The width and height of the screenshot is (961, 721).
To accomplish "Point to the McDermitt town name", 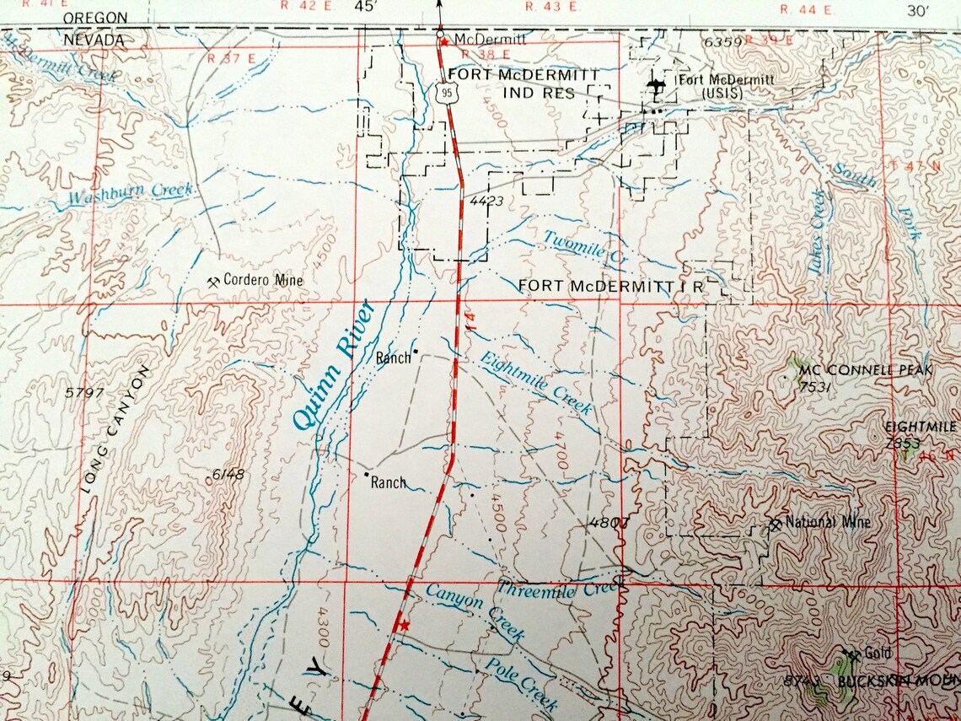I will (490, 39).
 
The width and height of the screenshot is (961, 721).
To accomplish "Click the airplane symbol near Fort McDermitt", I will (657, 85).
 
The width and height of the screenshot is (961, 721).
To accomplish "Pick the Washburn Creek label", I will (132, 193).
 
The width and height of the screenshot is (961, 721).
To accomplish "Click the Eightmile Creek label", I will (536, 383).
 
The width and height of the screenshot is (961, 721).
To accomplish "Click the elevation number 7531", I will (815, 387).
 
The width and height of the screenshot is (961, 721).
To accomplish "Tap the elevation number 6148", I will (228, 475).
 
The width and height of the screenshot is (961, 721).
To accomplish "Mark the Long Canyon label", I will (118, 428).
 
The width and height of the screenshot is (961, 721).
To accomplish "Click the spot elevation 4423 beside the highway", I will (486, 201).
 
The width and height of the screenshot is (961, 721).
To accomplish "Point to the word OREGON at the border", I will (95, 17).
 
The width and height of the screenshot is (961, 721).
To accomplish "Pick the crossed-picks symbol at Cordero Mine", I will (213, 280).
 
